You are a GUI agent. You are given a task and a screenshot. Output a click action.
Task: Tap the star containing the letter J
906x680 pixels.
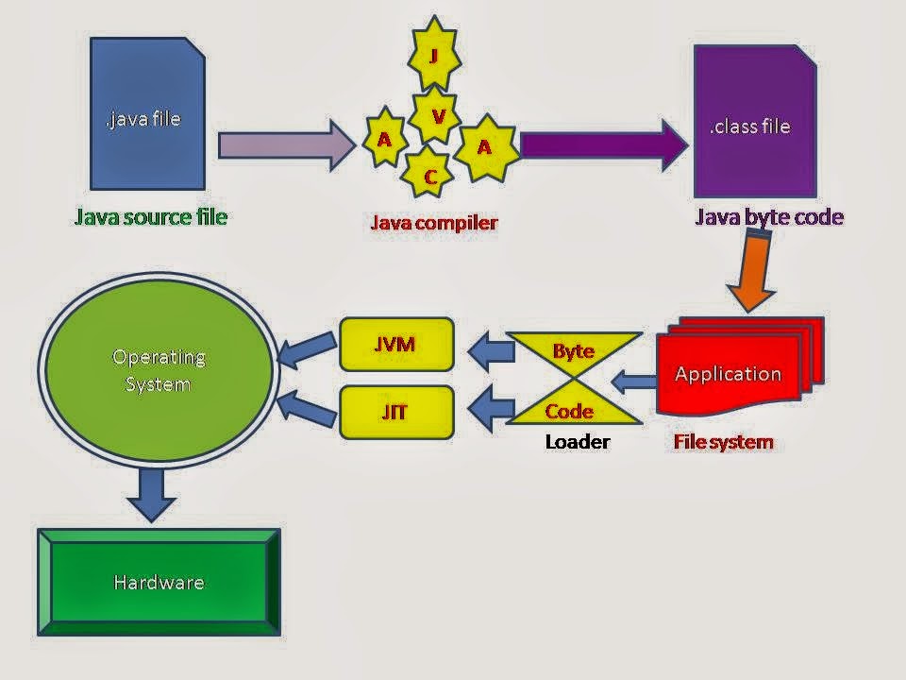(433, 56)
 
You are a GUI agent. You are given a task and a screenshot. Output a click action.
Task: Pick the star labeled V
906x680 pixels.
(437, 116)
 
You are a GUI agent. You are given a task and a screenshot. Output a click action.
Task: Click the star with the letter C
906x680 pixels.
(429, 176)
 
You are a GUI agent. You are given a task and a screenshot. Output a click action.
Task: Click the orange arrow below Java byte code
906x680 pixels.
(756, 269)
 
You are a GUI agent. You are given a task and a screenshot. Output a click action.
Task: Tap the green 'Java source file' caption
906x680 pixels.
(151, 217)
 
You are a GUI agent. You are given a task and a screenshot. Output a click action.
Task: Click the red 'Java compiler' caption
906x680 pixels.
(433, 223)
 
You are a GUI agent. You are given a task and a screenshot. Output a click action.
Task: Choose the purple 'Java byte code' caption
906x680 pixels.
(769, 218)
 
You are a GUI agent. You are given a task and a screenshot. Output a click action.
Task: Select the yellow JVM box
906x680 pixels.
(395, 344)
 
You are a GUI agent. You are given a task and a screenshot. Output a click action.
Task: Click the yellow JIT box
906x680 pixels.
(395, 412)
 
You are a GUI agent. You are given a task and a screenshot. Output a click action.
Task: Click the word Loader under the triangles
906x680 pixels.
(577, 441)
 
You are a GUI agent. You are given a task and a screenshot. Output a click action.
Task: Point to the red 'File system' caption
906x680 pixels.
(723, 441)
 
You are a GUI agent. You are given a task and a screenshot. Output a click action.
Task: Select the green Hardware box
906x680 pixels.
(159, 582)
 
